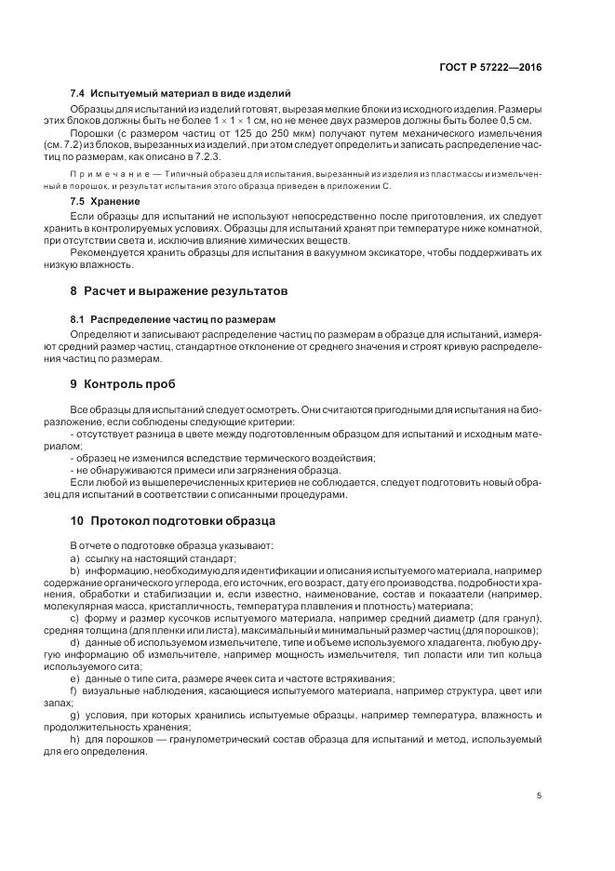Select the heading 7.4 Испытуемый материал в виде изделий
180,94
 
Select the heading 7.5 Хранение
105,201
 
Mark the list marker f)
74,691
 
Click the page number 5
540,796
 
